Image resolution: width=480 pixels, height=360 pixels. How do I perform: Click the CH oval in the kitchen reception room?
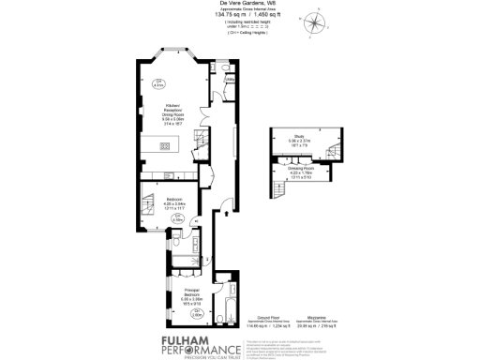159,82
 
